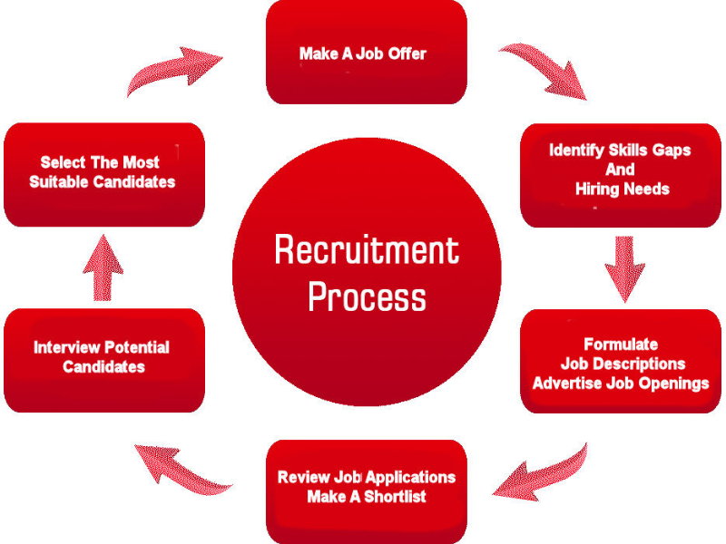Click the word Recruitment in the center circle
367,249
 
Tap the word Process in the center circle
367,297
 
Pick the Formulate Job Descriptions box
621,363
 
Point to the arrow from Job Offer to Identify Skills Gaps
544,68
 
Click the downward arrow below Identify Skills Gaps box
624,268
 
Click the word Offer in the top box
406,53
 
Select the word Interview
66,347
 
